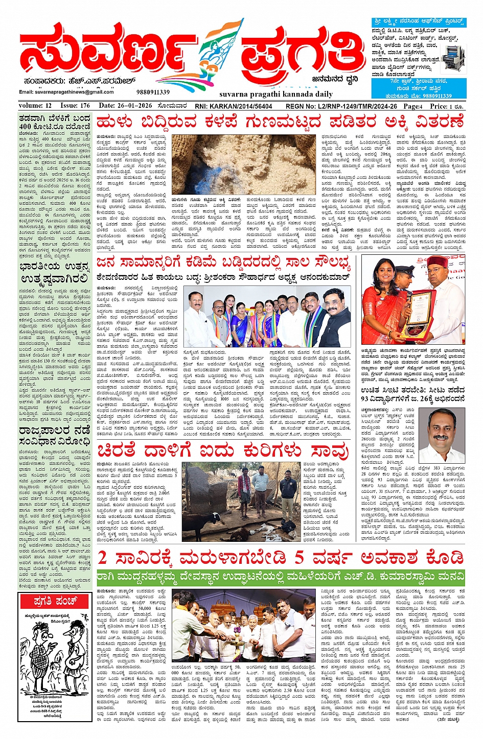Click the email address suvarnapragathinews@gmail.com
coord(66,92)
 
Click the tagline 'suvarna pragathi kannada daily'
coord(275,94)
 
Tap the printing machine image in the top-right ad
coord(454,56)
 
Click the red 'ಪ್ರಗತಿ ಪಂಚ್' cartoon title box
coord(55,601)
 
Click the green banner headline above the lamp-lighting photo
coord(281,577)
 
